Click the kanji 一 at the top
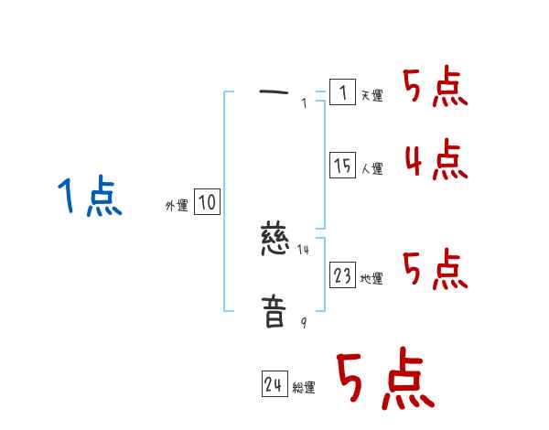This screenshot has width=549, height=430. pos(274,91)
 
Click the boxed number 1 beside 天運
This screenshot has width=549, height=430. pos(342,92)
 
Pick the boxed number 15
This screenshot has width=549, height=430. pos(342,166)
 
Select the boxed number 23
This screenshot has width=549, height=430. pos(342,275)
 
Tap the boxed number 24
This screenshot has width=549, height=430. pos(274,385)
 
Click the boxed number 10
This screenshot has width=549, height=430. pos(207,202)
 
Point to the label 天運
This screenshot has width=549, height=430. pos(372,95)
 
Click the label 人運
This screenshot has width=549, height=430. pos(372,168)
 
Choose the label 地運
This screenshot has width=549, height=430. pos(372,278)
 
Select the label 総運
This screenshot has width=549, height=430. pos(305,388)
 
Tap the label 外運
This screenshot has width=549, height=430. pos(177,206)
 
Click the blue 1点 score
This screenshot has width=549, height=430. pos(90,197)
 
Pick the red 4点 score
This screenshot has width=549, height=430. pos(436,160)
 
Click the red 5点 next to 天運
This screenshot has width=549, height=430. pos(436,88)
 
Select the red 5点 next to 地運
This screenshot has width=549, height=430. pos(436,270)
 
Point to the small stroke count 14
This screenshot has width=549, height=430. pos(304,249)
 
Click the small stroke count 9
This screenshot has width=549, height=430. pos(304,323)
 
